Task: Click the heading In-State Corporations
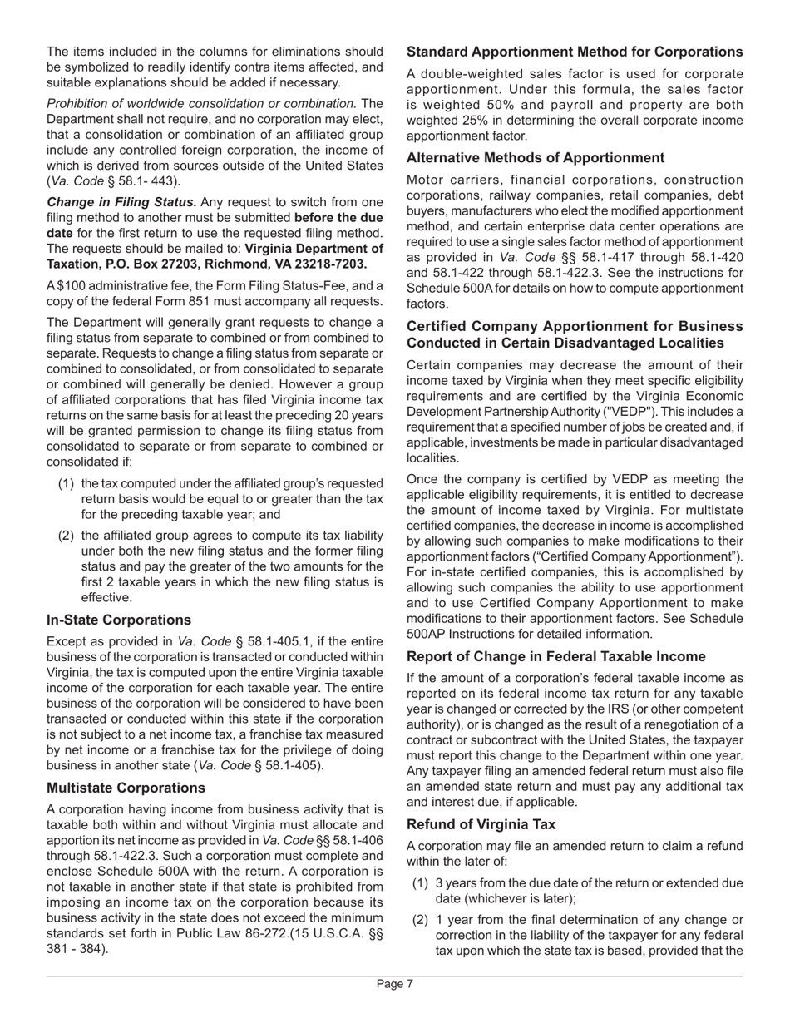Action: [x=119, y=620]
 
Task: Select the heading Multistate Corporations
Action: [x=126, y=787]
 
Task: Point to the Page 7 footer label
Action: [x=395, y=985]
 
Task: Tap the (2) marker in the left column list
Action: [x=67, y=535]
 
